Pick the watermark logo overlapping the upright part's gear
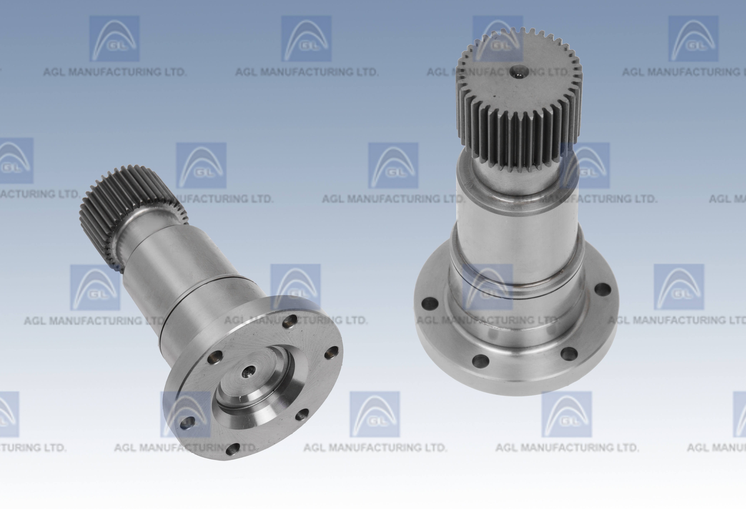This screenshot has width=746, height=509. (x=498, y=38)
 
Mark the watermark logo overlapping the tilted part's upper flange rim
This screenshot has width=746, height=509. (x=295, y=287)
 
